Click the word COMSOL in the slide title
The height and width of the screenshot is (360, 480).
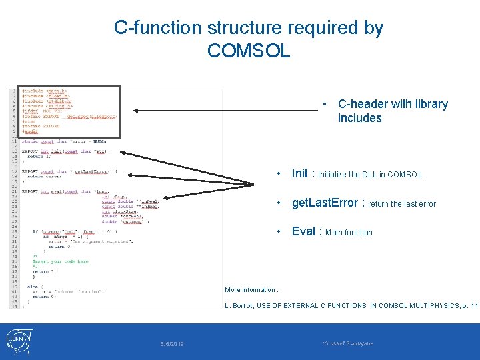tap(249, 50)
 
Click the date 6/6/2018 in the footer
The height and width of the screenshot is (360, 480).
tap(173, 344)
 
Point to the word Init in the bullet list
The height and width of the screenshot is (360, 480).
tap(299, 173)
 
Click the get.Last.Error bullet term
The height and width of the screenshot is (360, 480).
tap(325, 203)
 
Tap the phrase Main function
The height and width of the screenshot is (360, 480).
tap(349, 233)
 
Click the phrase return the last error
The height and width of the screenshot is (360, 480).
tap(402, 204)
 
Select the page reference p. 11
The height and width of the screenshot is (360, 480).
tap(469, 306)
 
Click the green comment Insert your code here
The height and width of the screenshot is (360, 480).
tap(61, 262)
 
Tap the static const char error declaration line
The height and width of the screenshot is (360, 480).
tap(64, 141)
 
